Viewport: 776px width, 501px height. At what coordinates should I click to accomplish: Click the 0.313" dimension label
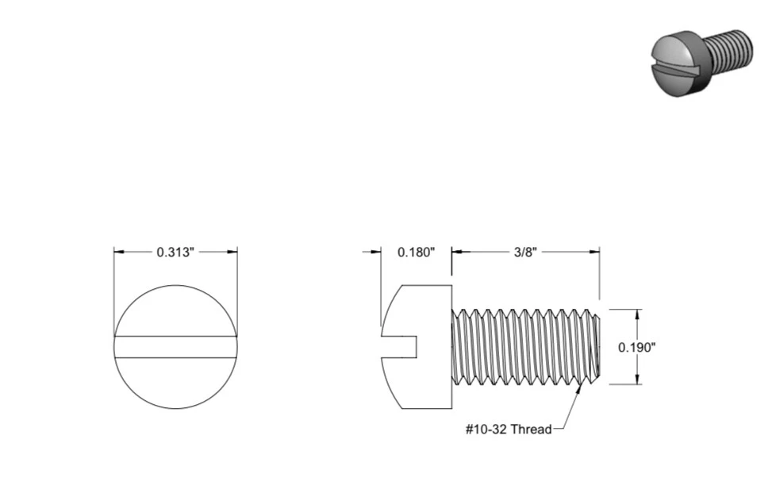click(175, 252)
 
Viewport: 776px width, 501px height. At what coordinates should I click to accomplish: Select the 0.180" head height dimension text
click(416, 252)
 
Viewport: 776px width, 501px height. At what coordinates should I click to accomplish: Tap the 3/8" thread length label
click(525, 252)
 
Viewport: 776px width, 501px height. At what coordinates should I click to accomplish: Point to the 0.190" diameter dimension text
click(637, 347)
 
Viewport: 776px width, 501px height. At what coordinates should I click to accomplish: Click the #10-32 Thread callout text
click(508, 430)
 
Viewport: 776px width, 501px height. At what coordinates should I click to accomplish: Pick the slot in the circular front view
click(175, 347)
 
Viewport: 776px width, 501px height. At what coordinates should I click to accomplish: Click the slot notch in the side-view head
click(401, 347)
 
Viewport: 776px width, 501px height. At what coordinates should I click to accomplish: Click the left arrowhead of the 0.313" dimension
click(119, 252)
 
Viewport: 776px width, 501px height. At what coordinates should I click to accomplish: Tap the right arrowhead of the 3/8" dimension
click(594, 252)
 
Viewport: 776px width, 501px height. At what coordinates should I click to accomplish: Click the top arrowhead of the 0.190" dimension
click(637, 314)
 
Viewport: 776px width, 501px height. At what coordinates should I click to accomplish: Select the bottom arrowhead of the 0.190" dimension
click(637, 380)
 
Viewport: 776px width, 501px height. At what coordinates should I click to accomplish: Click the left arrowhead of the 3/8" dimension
click(457, 252)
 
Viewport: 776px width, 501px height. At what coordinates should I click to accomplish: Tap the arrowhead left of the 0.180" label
click(376, 252)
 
